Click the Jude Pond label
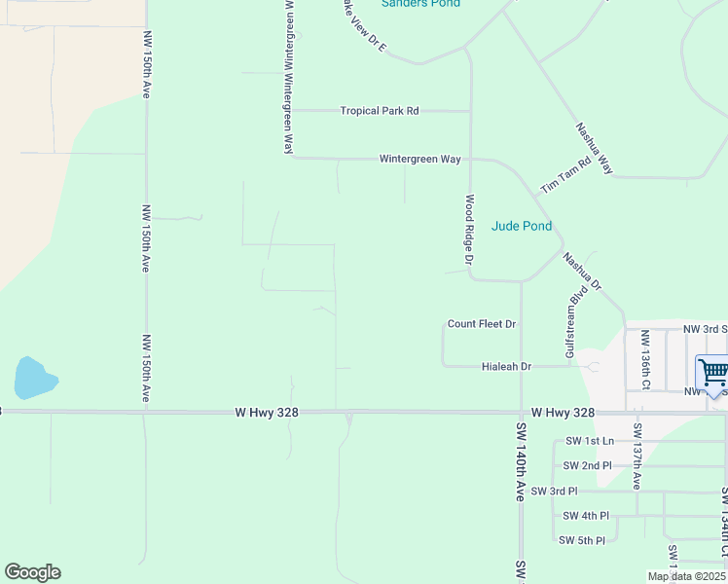pos(522,226)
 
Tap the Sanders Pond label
pos(420,4)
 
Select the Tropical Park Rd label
pos(379,111)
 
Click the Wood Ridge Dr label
pos(469,230)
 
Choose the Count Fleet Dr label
pos(481,324)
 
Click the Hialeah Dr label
pos(506,367)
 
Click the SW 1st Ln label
pos(589,441)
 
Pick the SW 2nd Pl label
pos(589,465)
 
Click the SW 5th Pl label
pos(581,540)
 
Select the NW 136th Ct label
pos(644,358)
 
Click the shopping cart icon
pos(712,373)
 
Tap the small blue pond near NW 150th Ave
pos(34,378)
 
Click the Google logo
pos(32,572)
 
